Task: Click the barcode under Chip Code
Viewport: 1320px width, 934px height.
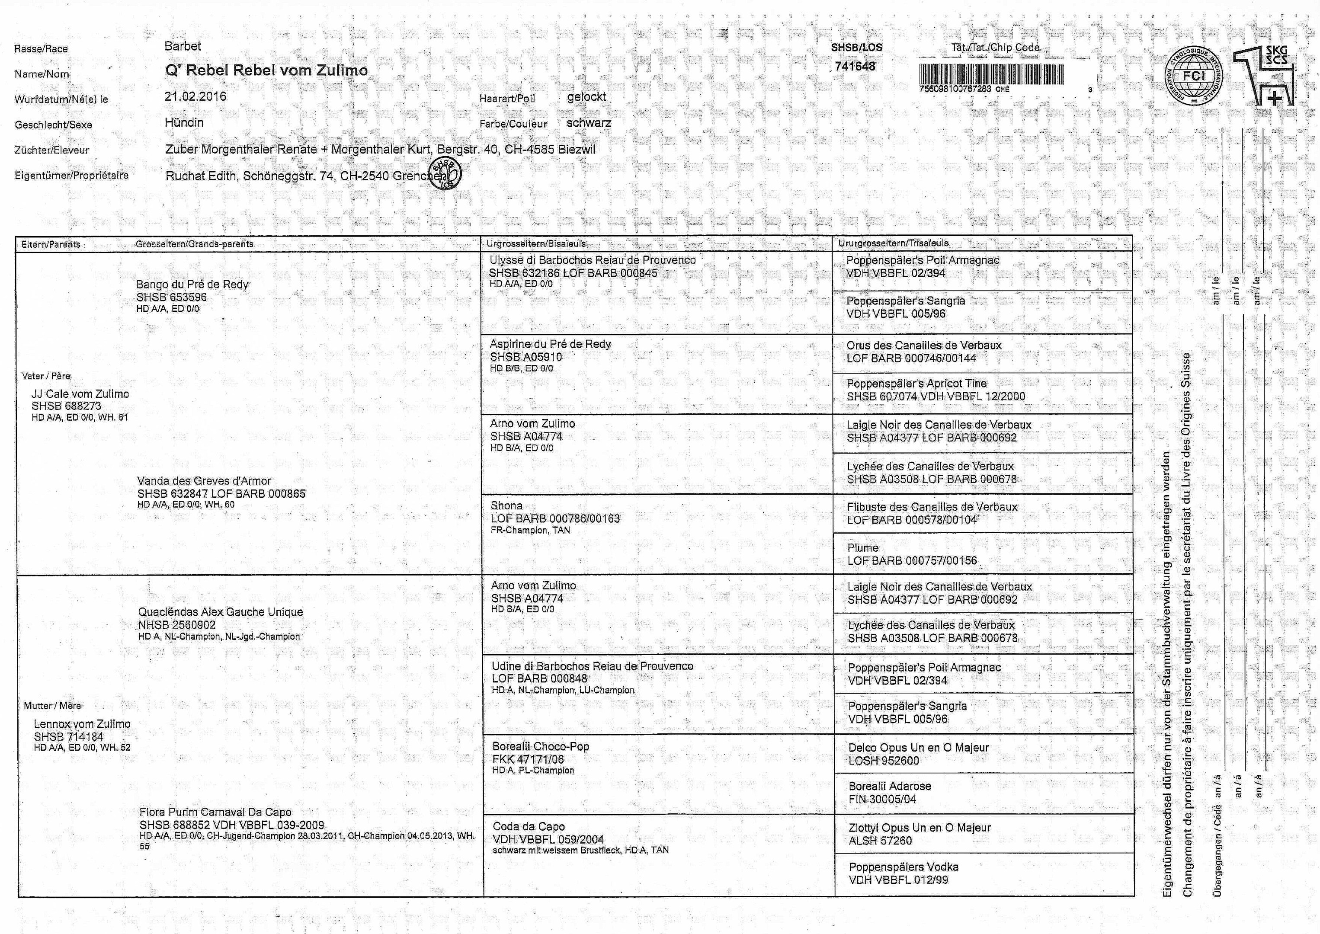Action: click(x=991, y=74)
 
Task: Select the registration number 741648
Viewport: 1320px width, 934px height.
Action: click(x=855, y=66)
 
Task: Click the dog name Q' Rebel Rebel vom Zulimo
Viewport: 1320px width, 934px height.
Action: click(x=266, y=70)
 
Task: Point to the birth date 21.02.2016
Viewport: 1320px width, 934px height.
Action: click(x=195, y=96)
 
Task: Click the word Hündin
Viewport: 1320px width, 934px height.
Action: click(x=184, y=122)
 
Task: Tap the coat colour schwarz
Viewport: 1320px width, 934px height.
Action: click(x=588, y=122)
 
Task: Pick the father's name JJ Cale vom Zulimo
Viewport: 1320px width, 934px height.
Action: click(x=80, y=394)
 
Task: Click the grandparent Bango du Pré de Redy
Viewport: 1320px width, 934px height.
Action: click(x=192, y=284)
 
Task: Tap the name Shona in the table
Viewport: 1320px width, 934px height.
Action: click(x=506, y=505)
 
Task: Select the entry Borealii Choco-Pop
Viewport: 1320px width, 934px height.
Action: click(x=541, y=746)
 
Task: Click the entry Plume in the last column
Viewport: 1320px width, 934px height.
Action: click(x=863, y=547)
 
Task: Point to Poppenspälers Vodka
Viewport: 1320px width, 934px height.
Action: click(x=903, y=867)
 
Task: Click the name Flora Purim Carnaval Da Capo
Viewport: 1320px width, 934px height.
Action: click(x=215, y=812)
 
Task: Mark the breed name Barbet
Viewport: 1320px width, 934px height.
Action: click(x=183, y=46)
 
